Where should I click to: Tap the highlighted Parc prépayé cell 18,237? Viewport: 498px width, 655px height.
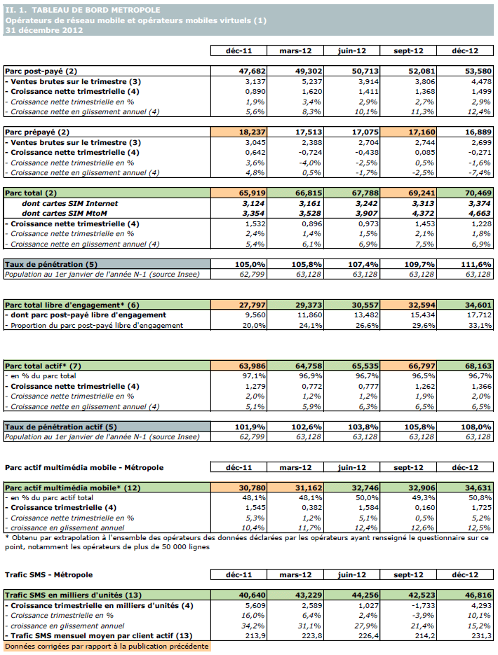point(238,132)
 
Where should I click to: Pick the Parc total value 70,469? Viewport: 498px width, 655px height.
point(464,193)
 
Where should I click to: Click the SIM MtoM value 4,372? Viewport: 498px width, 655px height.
point(408,214)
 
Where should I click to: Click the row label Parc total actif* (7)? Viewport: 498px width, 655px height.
point(44,366)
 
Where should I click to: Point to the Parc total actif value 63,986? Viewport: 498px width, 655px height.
point(238,366)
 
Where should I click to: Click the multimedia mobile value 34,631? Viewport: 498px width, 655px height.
point(464,487)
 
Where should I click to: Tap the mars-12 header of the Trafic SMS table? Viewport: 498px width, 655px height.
point(295,574)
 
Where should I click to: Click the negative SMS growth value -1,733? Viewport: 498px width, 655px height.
point(410,605)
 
